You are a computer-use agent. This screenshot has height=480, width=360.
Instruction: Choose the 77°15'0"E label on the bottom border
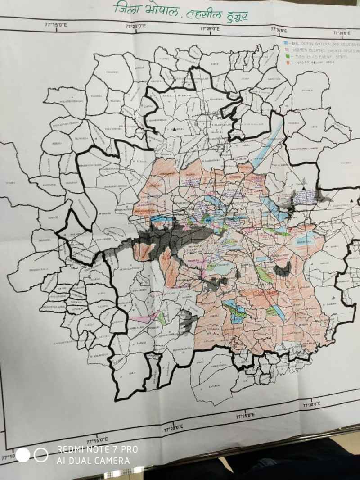pyautogui.click(x=97, y=439)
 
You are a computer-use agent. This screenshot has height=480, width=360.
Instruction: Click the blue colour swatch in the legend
pyautogui.click(x=286, y=44)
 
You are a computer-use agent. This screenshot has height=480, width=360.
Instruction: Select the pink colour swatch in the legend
pyautogui.click(x=286, y=50)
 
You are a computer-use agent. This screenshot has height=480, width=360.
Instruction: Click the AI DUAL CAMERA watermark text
pyautogui.click(x=93, y=460)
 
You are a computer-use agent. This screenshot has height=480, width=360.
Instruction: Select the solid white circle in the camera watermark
pyautogui.click(x=23, y=455)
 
